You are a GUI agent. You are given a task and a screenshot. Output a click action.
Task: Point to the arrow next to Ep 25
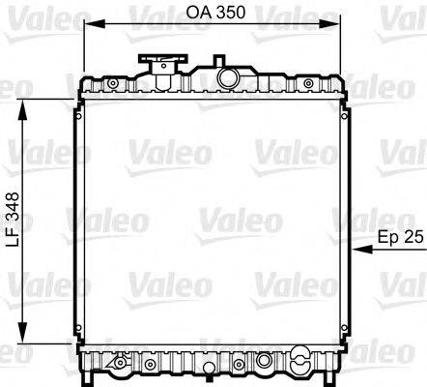tap(366, 249)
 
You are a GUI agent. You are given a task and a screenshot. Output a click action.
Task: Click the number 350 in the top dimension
tap(230, 14)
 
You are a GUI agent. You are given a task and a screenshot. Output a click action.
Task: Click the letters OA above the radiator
tap(196, 14)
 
